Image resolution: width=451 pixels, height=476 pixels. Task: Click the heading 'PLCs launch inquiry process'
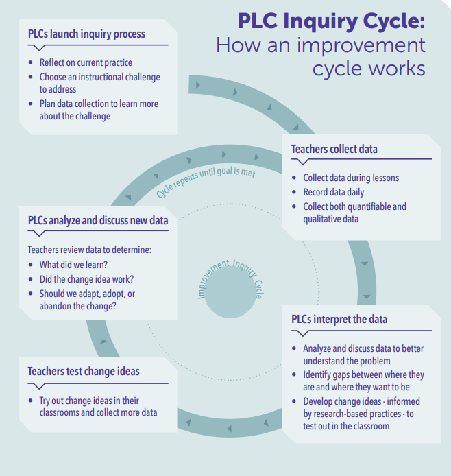[x=86, y=34]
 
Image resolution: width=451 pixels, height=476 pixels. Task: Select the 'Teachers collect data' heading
[x=334, y=149]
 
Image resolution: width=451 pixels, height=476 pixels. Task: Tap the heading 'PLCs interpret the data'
[x=339, y=320]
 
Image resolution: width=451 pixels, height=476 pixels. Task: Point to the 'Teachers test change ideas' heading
[x=84, y=371]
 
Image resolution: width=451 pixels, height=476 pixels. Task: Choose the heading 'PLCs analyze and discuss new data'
[x=98, y=220]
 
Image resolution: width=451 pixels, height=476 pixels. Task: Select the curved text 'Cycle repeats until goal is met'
[x=205, y=180]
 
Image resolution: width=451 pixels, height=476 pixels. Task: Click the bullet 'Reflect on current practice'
[x=86, y=63]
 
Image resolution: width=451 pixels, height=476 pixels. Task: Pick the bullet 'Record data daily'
[x=334, y=192]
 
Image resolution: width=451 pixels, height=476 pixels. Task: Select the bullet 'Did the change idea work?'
[x=86, y=279]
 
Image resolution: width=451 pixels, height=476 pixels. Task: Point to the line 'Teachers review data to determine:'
[x=88, y=250]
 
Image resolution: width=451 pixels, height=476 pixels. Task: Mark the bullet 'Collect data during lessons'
[x=351, y=178]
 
